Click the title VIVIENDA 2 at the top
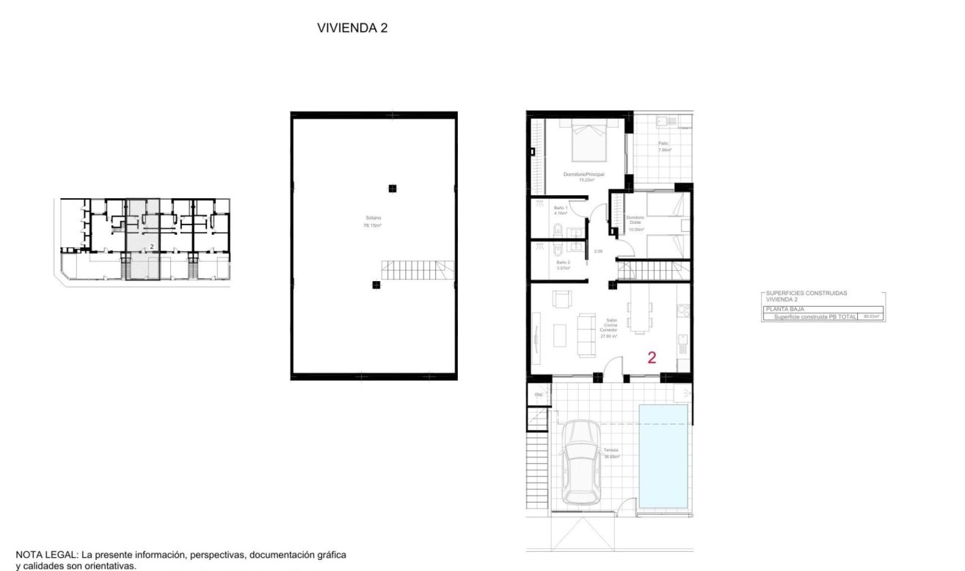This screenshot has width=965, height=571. tap(352, 28)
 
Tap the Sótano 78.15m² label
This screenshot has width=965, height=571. tap(374, 222)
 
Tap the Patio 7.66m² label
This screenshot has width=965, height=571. tap(664, 147)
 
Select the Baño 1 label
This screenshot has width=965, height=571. tap(561, 211)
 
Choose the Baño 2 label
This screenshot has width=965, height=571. tap(562, 265)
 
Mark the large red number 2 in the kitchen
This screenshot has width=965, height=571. tap(651, 358)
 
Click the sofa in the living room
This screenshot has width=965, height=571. tap(587, 335)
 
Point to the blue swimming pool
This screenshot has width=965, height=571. tap(663, 455)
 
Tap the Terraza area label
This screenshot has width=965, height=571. tap(611, 453)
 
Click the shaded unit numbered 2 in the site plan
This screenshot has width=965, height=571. tap(143, 239)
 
